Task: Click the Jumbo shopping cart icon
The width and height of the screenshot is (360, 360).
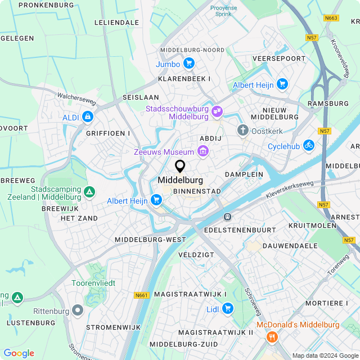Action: pos(188,64)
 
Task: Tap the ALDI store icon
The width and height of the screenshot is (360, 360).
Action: pos(87,116)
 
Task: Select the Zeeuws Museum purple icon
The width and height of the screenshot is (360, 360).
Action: pos(203,151)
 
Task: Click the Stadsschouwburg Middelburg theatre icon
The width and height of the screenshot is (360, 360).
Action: pos(217,113)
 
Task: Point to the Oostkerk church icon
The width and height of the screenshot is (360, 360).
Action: pos(243,131)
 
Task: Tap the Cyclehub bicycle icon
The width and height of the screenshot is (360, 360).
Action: pos(308,145)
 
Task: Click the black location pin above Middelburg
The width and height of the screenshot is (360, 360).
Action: pos(180,166)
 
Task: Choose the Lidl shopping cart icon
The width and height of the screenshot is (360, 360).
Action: pos(227,308)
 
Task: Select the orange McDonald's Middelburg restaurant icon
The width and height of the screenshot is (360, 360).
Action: pos(273,336)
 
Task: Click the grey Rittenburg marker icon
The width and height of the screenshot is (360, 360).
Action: pos(78,310)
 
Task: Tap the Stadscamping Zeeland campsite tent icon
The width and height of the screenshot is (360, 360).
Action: pos(89,193)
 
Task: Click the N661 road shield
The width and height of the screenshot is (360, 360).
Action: pos(141,295)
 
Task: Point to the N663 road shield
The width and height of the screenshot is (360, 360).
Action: pos(331,18)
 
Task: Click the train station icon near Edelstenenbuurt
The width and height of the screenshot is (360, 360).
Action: pos(227,217)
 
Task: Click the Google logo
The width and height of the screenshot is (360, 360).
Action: pos(19,353)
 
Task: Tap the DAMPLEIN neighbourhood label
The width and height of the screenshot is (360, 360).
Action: pos(244,174)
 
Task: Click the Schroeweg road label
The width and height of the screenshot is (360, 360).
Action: pos(251,300)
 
